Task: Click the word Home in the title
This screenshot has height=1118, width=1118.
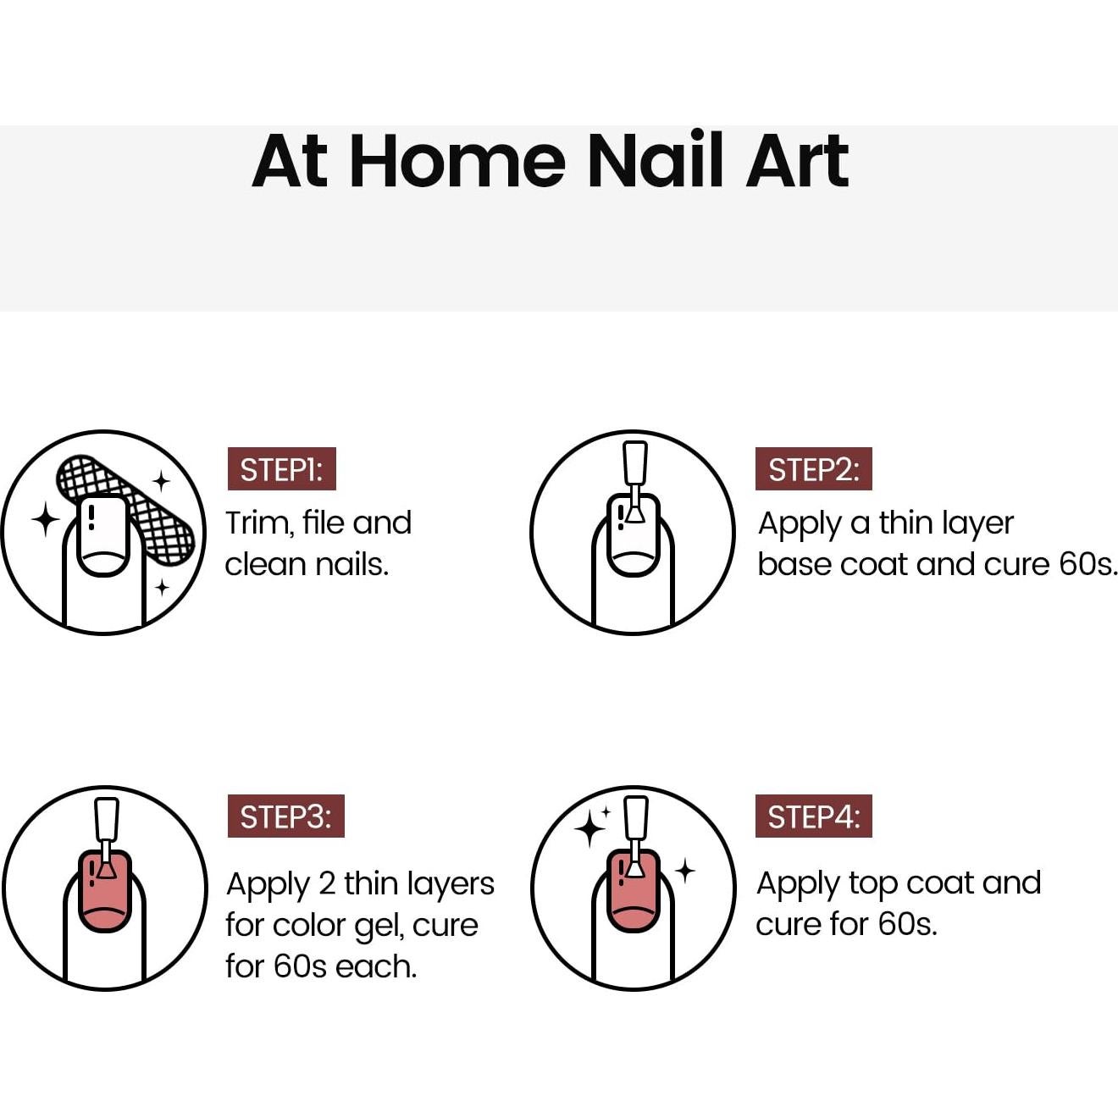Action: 457,161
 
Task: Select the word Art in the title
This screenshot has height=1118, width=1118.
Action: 797,161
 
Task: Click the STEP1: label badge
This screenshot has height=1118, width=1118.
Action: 281,469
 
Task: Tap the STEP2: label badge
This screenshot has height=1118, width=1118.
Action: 813,469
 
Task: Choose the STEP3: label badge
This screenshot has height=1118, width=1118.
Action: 285,816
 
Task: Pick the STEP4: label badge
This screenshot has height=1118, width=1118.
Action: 813,816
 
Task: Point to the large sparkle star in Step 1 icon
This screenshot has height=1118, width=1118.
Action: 46,518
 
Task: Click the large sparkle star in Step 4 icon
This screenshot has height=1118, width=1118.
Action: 589,828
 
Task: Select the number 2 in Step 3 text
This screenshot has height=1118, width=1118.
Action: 327,884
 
